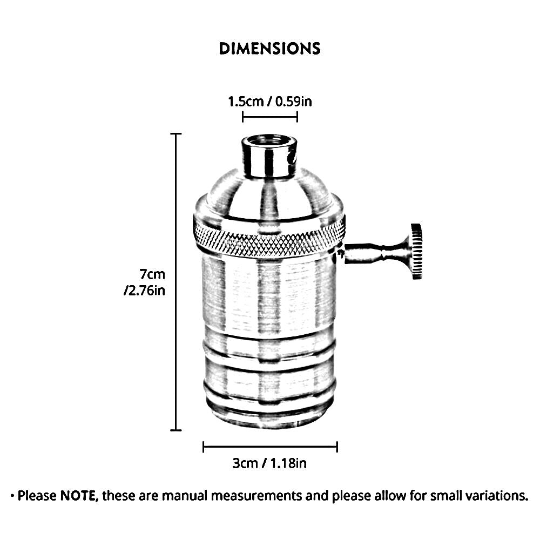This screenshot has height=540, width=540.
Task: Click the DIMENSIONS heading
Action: (x=269, y=49)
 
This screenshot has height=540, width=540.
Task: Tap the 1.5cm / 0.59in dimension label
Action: (x=270, y=102)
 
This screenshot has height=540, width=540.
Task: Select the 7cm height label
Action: (x=152, y=274)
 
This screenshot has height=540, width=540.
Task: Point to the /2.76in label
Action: (x=145, y=291)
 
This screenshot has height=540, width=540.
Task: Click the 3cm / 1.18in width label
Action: (x=269, y=463)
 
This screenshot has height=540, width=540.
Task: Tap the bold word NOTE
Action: (x=78, y=496)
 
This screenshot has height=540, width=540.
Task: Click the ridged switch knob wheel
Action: (x=416, y=251)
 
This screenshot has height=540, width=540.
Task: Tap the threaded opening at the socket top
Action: (x=269, y=140)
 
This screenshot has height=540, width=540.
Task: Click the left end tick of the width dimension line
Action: (x=204, y=447)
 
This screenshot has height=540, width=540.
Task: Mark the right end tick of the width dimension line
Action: (x=337, y=447)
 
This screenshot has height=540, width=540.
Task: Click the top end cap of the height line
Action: (x=176, y=133)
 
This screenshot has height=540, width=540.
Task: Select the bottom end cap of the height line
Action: (x=176, y=430)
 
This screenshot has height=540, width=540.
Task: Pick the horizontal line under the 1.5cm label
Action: (x=270, y=117)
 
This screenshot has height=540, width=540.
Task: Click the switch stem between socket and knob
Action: (x=377, y=253)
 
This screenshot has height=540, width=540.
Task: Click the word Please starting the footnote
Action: (x=37, y=496)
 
